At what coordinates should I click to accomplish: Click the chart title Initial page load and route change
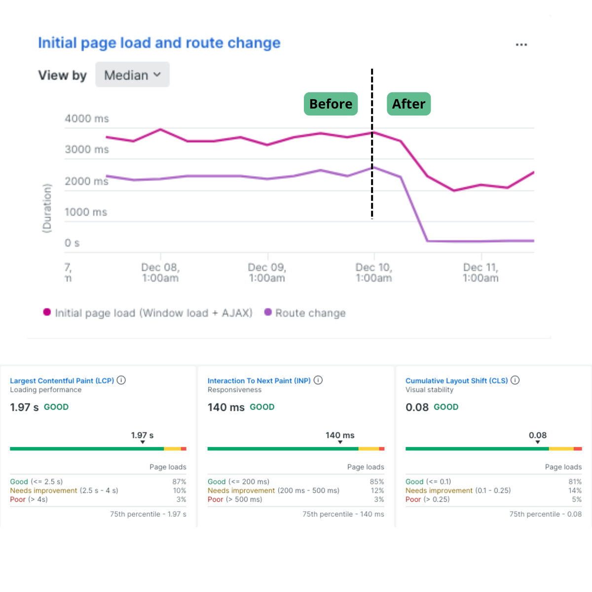click(x=159, y=43)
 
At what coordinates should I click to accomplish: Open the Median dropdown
click(x=132, y=75)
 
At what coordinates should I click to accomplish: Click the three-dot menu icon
click(x=521, y=44)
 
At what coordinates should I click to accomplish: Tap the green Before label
click(x=331, y=104)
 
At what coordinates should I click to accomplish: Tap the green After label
click(x=408, y=104)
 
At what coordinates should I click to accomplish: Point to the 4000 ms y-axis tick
click(x=87, y=118)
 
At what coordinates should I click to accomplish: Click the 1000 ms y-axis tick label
click(x=86, y=212)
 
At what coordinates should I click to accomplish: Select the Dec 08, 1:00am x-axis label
click(x=160, y=272)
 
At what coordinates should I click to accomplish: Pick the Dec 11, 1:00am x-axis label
click(x=481, y=272)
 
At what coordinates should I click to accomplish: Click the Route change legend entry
click(x=305, y=313)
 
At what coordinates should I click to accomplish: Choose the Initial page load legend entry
click(x=148, y=313)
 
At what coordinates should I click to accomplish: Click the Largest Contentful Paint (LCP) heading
click(x=62, y=381)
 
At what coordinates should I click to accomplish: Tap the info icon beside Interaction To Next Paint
click(x=318, y=380)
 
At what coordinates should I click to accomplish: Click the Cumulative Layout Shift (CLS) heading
click(x=456, y=381)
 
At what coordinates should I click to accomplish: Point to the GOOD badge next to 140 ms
click(x=262, y=407)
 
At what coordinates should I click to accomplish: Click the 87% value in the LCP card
click(x=179, y=481)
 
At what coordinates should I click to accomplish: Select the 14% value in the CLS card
click(x=575, y=490)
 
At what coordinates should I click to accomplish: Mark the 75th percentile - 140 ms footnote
click(x=343, y=514)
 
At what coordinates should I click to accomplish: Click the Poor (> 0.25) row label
click(x=427, y=499)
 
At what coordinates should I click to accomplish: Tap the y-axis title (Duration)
click(x=47, y=208)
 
